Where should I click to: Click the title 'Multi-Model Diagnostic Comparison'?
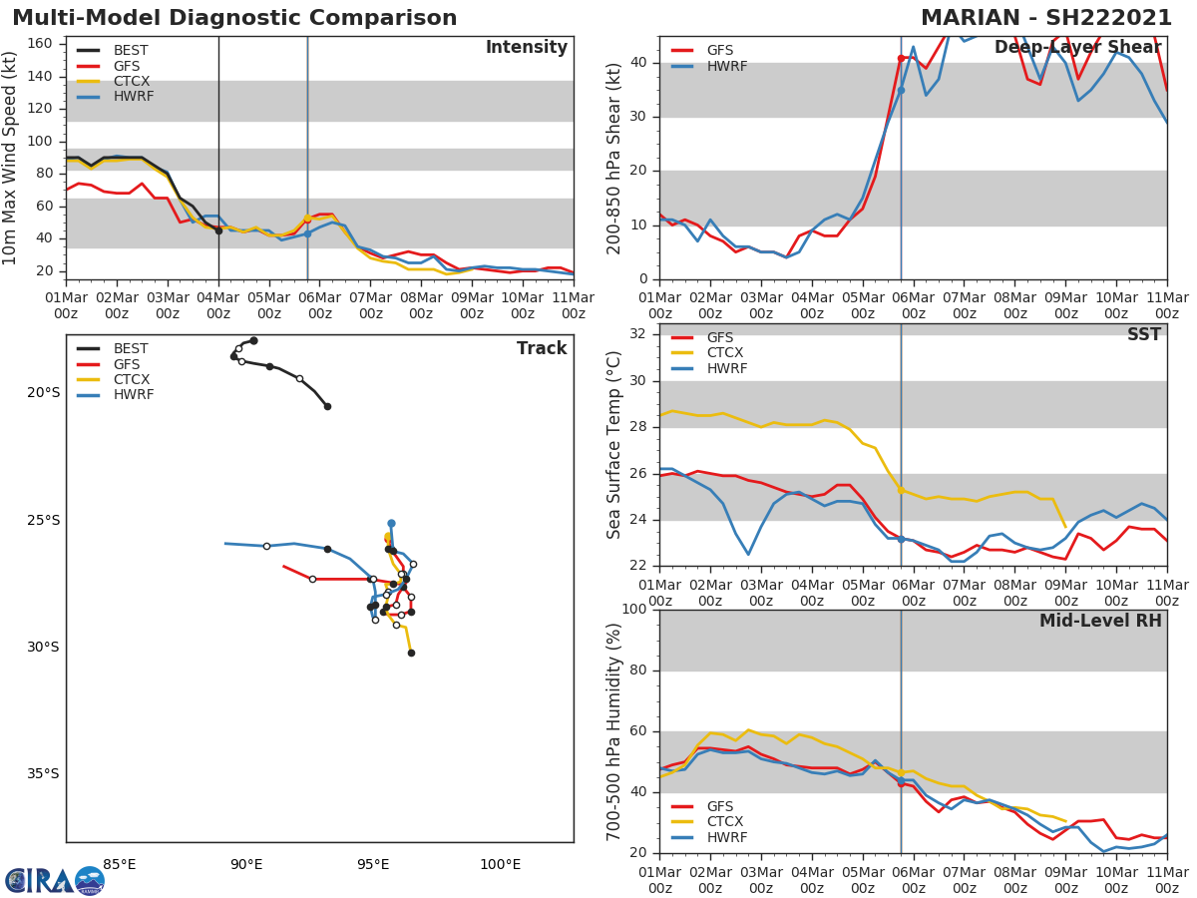point(234,18)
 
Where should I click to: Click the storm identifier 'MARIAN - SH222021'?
point(1046,18)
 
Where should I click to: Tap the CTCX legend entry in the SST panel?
point(723,353)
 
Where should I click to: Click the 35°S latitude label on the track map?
point(42,774)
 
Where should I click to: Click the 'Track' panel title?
point(542,349)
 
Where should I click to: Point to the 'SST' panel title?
point(1144,335)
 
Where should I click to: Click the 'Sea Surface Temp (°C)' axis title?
point(614,445)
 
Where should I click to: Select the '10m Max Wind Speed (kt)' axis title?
point(11,158)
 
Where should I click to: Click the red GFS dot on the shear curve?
point(901,58)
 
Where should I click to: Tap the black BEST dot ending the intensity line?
point(218,230)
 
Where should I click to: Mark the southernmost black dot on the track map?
point(411,653)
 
